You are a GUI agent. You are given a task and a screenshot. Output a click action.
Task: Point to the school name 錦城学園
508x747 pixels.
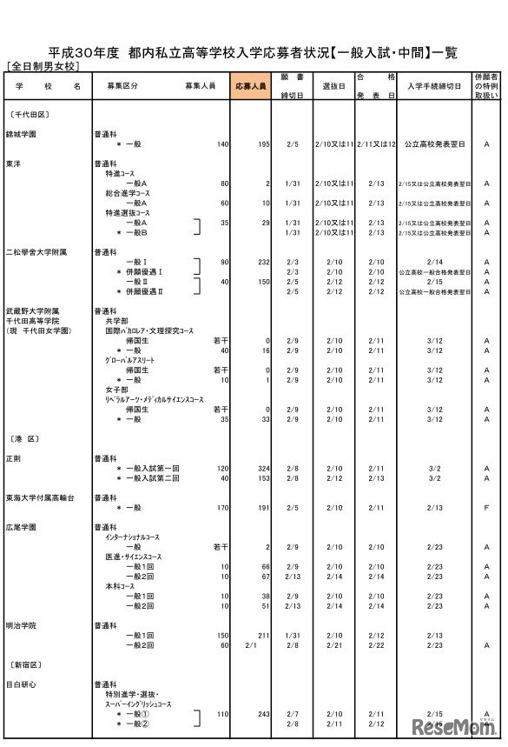point(21,134)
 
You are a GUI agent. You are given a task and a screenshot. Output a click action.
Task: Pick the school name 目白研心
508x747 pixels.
point(22,684)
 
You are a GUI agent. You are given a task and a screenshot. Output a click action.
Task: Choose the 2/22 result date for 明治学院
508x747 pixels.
point(376,645)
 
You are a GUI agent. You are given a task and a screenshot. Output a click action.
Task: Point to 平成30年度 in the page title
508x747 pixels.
point(83,51)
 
